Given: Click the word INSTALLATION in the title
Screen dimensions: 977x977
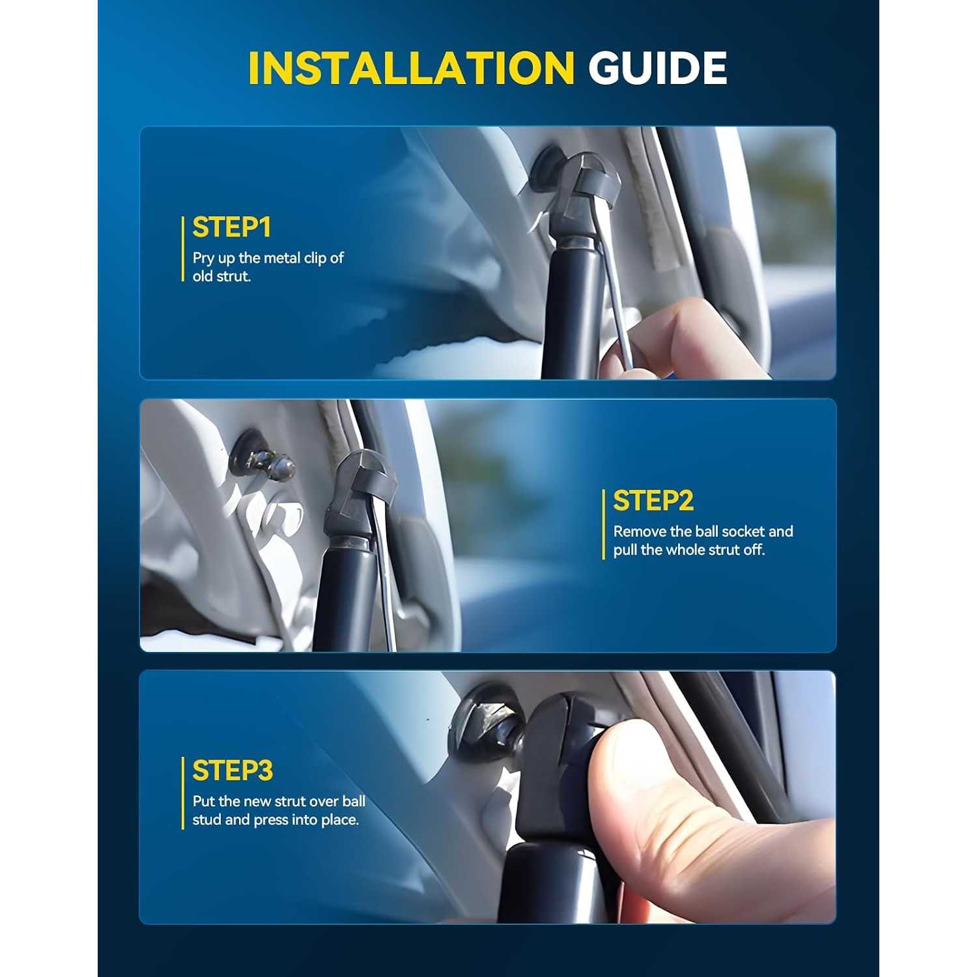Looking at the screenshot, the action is [x=411, y=68].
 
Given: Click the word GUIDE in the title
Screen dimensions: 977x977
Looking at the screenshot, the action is [x=658, y=68].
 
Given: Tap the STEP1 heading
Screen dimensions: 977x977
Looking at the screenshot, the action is [x=231, y=228].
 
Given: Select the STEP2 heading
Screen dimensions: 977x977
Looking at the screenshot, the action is [x=653, y=501].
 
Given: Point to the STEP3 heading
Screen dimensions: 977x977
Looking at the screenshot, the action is [x=233, y=771].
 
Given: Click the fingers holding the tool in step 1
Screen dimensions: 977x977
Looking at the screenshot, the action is [x=677, y=342].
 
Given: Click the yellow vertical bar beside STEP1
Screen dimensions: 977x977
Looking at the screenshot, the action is [x=182, y=249].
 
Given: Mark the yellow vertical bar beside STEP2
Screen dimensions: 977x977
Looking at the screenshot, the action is [x=604, y=524].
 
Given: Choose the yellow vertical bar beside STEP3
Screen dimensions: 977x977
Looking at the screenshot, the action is [x=182, y=793].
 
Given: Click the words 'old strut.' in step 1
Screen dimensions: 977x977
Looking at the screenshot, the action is [x=221, y=276].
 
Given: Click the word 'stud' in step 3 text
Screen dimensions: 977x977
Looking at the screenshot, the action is [x=206, y=820].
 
